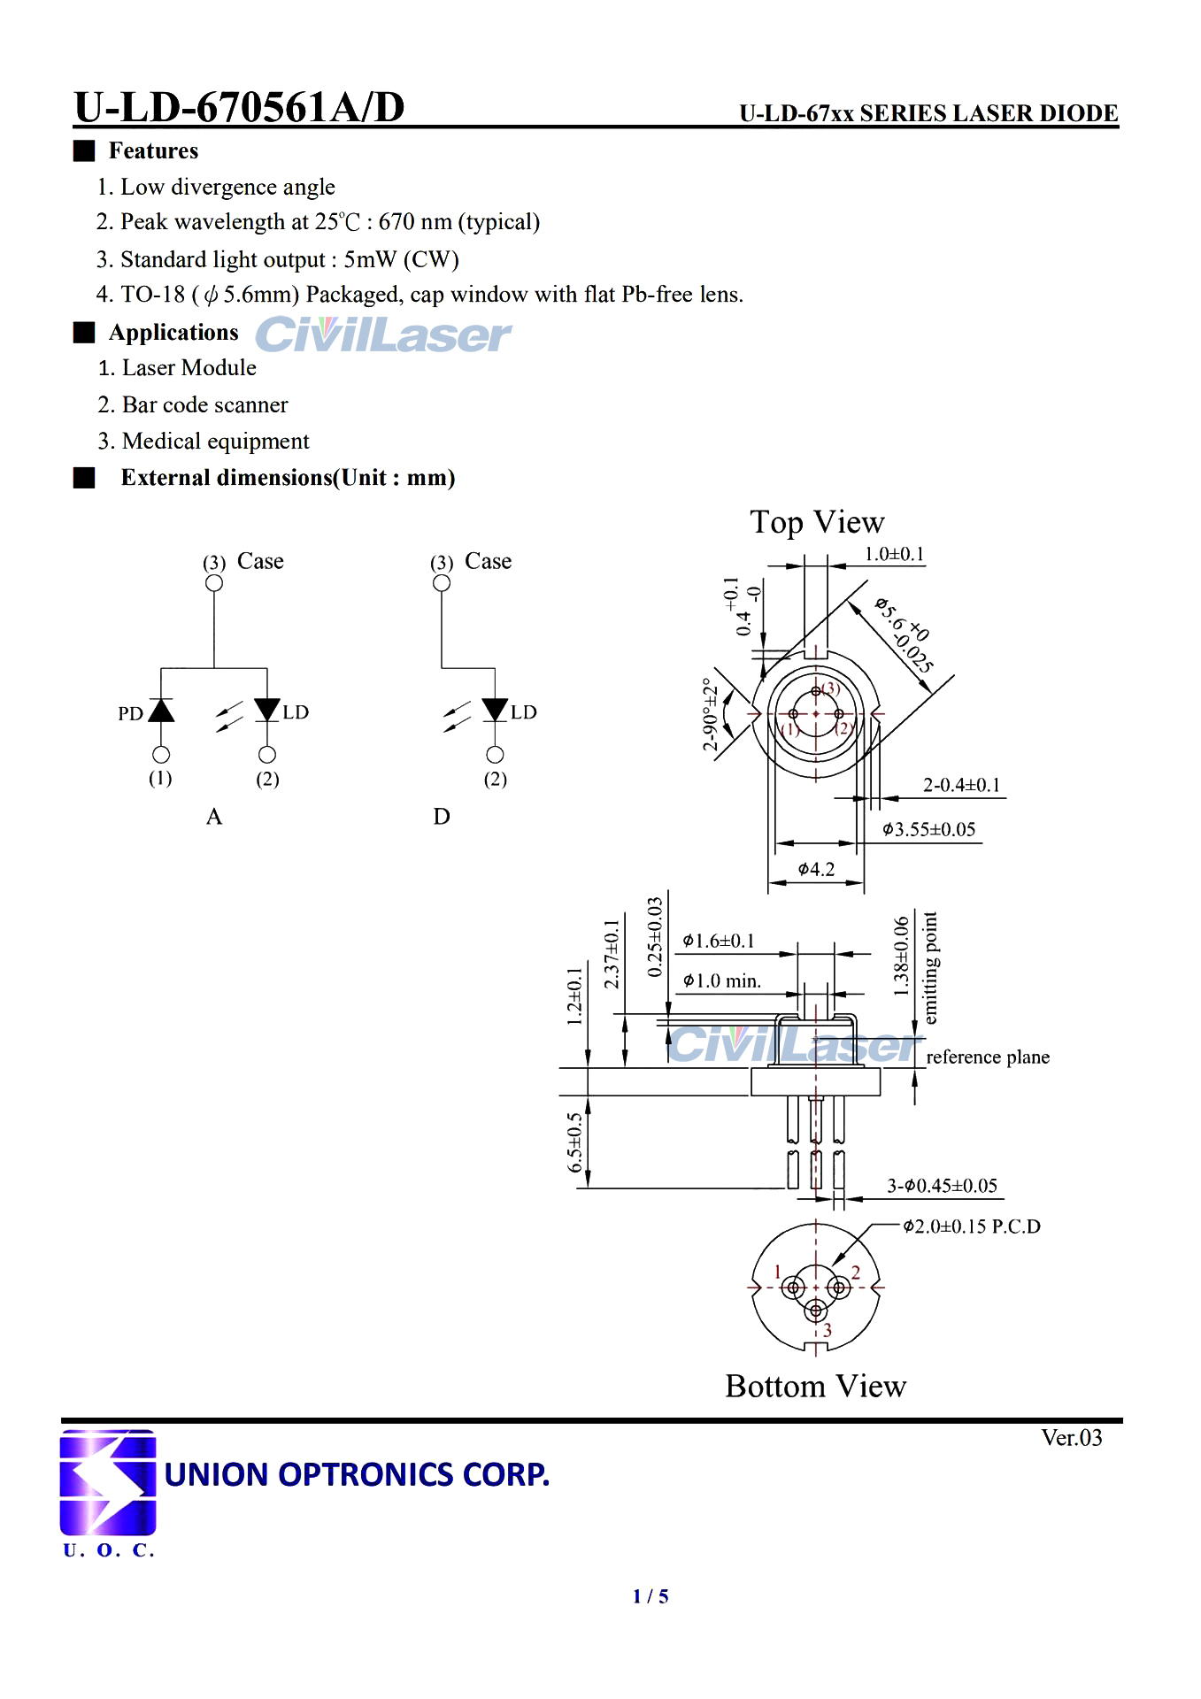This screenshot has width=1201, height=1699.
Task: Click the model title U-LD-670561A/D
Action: [239, 107]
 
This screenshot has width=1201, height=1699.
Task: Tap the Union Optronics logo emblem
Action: [107, 1481]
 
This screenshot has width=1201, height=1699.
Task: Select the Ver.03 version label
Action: [1071, 1438]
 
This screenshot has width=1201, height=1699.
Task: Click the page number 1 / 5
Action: [651, 1596]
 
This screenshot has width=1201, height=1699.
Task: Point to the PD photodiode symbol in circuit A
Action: [161, 711]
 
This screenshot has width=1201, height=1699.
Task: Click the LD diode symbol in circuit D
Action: [495, 711]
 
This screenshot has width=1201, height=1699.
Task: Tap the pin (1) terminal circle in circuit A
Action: [161, 755]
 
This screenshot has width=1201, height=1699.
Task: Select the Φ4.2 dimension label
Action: [815, 870]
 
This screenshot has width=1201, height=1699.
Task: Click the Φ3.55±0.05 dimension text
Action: [928, 830]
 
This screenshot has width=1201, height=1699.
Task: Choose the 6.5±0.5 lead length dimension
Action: [575, 1142]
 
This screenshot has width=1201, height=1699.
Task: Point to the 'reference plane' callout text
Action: [988, 1057]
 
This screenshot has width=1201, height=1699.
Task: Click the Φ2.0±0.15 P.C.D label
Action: [971, 1226]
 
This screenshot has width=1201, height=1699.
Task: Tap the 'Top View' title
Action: [817, 522]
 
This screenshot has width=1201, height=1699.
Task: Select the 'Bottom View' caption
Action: [815, 1386]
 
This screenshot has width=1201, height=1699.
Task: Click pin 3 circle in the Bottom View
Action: [816, 1310]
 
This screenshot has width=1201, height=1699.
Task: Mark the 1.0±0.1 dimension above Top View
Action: [894, 555]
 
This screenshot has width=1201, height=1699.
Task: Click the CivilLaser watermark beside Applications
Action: [383, 335]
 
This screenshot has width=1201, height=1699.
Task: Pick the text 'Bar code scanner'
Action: [205, 405]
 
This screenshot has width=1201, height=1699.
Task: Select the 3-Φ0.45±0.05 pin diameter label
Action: [942, 1186]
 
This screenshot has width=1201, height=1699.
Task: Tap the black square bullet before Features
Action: [84, 150]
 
